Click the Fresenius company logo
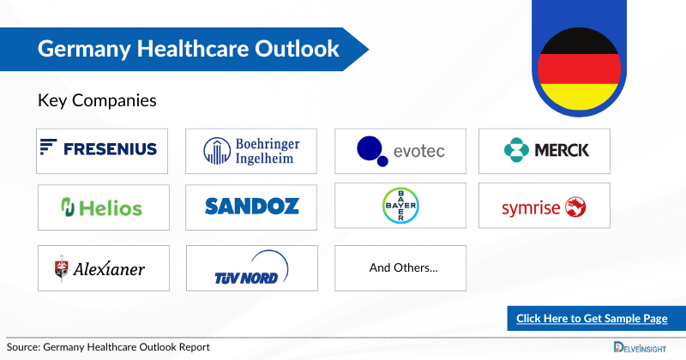click(x=101, y=150)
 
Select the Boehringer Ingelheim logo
click(x=250, y=151)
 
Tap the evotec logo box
click(x=400, y=151)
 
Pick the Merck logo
click(x=545, y=151)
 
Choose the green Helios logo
click(x=101, y=206)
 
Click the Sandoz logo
click(x=251, y=206)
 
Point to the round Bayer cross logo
click(x=400, y=205)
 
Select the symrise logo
click(x=545, y=206)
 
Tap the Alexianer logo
click(x=100, y=268)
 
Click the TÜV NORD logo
click(x=251, y=268)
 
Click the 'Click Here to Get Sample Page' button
click(x=592, y=319)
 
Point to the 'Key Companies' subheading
click(x=97, y=100)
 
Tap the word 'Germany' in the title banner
click(x=77, y=48)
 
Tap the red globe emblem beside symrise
click(x=576, y=206)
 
